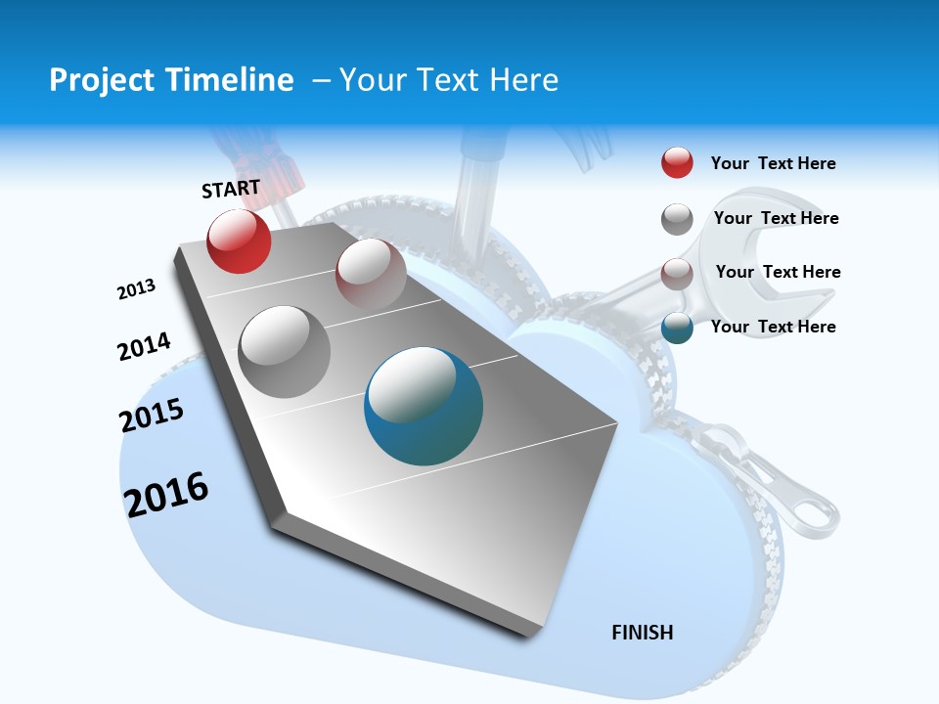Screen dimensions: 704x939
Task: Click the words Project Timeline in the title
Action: [171, 80]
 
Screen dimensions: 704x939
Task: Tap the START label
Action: [231, 189]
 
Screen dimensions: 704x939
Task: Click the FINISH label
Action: [643, 633]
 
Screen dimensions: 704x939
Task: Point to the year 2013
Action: [136, 289]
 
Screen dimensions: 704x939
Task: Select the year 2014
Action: [144, 347]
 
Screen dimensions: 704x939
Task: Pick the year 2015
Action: [152, 416]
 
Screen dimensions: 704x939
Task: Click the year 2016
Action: [166, 495]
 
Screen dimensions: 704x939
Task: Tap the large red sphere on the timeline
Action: [239, 242]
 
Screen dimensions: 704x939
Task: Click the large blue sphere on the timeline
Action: [424, 406]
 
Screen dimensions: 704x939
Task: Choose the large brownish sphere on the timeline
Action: [371, 274]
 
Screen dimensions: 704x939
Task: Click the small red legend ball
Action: [677, 163]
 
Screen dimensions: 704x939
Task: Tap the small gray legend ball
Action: [677, 219]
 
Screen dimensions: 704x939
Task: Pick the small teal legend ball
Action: [677, 328]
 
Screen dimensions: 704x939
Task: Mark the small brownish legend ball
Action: [677, 273]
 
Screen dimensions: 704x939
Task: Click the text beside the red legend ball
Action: [773, 163]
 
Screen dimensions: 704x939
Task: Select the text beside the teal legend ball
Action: [773, 327]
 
